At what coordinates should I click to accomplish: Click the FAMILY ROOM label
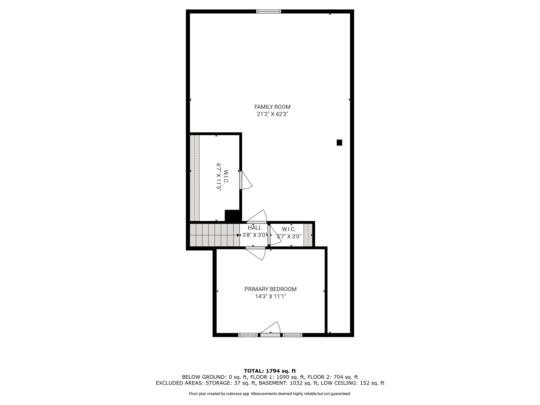tap(272, 107)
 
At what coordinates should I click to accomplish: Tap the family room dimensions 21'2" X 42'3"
tap(272, 114)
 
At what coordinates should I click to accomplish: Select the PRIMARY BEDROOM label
tap(271, 289)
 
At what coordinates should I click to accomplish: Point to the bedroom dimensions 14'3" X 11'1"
tap(271, 297)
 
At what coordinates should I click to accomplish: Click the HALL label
tap(255, 228)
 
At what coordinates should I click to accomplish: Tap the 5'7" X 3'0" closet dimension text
tap(289, 237)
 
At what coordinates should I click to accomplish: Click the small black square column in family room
tap(339, 143)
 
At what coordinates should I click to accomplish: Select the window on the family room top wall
tap(269, 11)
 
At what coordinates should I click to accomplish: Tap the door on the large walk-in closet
tap(245, 180)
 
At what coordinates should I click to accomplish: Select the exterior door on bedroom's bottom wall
tap(270, 329)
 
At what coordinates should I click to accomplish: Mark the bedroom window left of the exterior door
tap(248, 335)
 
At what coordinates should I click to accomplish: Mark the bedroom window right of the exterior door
tap(292, 335)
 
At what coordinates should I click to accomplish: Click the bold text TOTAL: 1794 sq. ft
tap(270, 371)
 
